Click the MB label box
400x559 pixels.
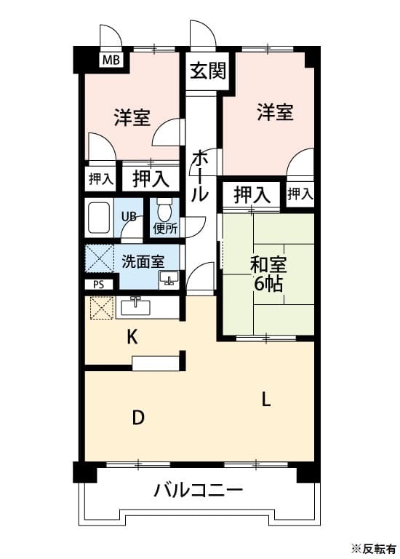coord(111,60)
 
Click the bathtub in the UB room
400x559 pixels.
coord(99,216)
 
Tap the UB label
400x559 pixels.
coord(129,216)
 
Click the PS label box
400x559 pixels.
coord(98,285)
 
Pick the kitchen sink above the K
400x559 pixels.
coord(136,307)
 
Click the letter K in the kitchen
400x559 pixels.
coord(132,337)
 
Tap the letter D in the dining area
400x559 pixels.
coord(137,418)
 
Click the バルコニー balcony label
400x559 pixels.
coord(198,490)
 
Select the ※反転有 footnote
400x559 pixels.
coord(373,547)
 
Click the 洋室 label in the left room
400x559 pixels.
coord(132,117)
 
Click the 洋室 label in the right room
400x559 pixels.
coord(275,112)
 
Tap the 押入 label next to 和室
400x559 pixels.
coord(252,194)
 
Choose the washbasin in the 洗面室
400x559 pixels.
coord(170,279)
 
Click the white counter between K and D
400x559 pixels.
coord(155,362)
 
